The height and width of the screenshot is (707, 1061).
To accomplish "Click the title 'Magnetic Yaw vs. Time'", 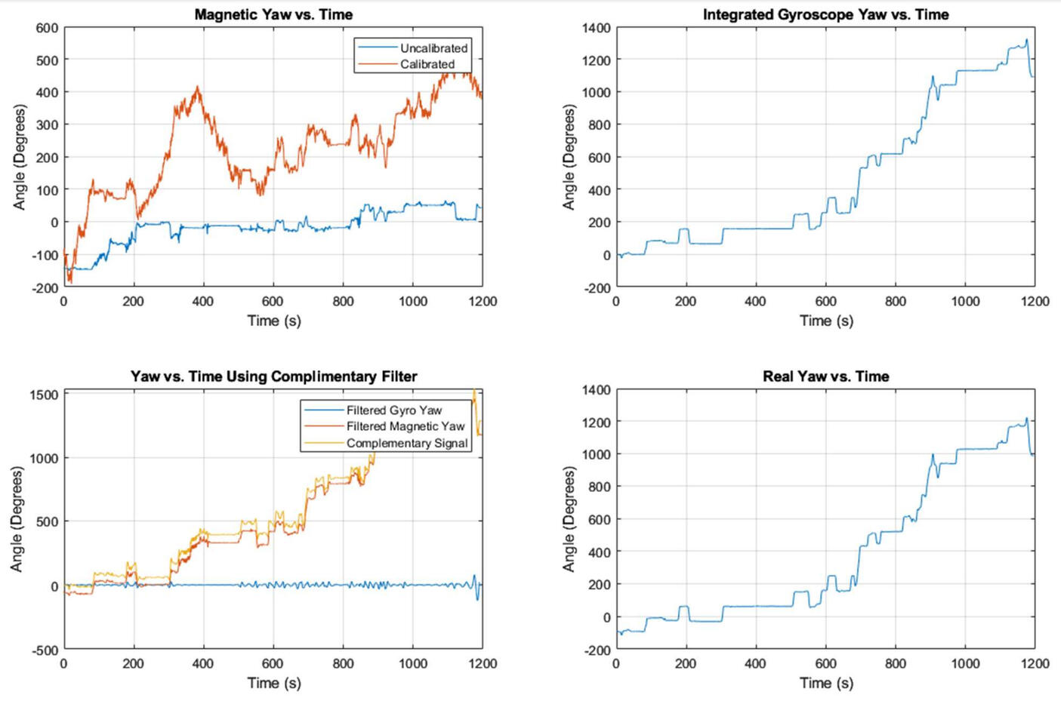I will click(273, 14).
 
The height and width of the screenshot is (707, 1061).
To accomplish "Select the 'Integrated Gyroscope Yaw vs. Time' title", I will click(825, 14).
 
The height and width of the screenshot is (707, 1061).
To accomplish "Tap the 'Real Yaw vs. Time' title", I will click(825, 377).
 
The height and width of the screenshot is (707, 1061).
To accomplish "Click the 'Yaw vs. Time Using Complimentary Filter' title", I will click(273, 377).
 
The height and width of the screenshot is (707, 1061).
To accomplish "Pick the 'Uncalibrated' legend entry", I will click(433, 48).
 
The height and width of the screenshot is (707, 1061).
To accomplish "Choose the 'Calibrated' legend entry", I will click(427, 65).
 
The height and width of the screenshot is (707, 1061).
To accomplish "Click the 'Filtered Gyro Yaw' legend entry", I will click(393, 410).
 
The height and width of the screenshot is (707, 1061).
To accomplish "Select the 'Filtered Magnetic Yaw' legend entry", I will click(406, 426).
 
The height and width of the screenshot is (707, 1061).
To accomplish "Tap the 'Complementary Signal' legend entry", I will click(407, 443).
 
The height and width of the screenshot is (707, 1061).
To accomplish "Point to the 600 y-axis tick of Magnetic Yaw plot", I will click(47, 28).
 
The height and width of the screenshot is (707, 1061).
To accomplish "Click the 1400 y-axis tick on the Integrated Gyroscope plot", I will click(597, 28).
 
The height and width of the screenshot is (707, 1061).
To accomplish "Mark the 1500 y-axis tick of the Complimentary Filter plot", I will click(44, 395).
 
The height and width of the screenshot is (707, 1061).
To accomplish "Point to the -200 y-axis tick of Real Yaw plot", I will click(597, 650).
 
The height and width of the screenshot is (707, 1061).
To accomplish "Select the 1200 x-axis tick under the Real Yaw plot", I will click(1035, 663).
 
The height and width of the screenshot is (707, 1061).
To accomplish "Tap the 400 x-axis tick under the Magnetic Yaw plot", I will click(203, 301).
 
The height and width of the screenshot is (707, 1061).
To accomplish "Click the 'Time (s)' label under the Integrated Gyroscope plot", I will click(826, 321).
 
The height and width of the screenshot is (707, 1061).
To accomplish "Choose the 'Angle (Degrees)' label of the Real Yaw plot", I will click(569, 519).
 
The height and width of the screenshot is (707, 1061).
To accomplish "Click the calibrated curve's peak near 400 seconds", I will click(198, 88).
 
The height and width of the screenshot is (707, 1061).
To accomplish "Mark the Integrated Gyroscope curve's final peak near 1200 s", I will click(1026, 40).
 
